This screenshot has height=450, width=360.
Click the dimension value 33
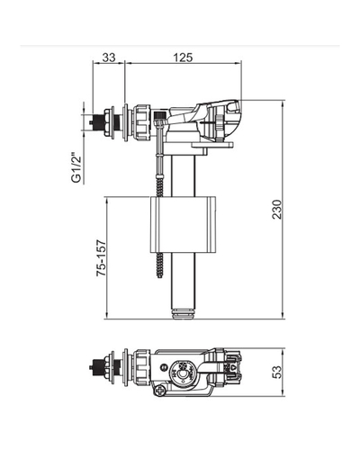point(109,58)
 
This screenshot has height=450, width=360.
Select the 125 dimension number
point(183,58)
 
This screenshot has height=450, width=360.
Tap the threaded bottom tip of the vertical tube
point(183,315)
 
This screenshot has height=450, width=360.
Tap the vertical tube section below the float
point(183,283)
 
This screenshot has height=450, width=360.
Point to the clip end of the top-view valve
point(237,368)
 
